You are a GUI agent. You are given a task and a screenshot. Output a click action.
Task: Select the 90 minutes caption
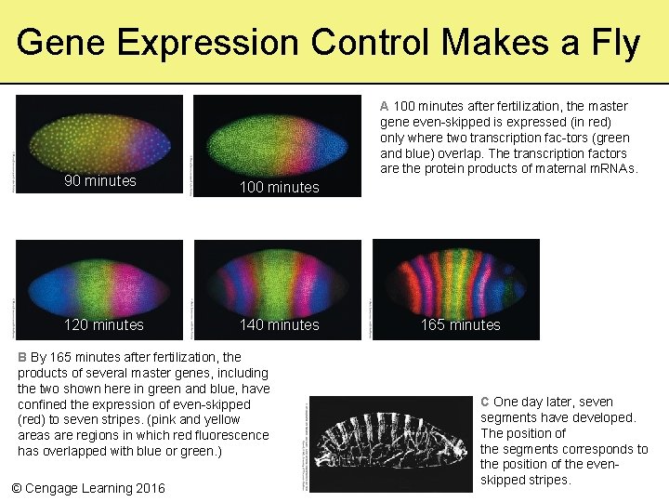tap(99, 180)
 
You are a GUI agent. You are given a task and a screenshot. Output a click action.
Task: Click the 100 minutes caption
tap(279, 187)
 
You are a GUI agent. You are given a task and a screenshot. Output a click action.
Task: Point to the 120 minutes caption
tap(103, 324)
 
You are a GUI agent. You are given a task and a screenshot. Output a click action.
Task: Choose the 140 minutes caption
tap(279, 324)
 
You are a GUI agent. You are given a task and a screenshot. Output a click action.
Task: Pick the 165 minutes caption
tap(460, 324)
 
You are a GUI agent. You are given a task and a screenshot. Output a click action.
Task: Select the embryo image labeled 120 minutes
tap(99, 279)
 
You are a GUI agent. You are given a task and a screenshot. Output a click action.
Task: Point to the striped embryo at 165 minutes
tap(455, 279)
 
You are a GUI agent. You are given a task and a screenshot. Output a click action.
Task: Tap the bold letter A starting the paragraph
tap(385, 106)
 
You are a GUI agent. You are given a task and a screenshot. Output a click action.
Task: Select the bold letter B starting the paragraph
tap(22, 357)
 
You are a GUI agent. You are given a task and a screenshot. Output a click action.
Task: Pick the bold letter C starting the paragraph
tap(485, 402)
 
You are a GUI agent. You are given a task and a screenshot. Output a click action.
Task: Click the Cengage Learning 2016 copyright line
tap(87, 488)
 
